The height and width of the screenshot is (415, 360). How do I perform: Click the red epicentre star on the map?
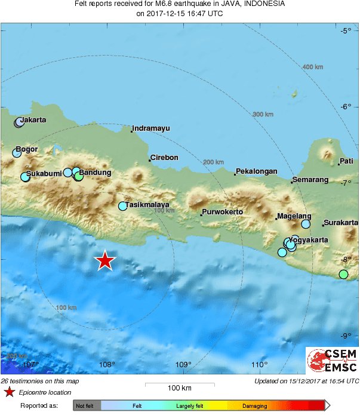pyautogui.click(x=106, y=260)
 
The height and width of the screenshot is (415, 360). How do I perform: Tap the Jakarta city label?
pyautogui.click(x=32, y=120)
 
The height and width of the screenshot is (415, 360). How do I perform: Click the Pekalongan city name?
pyautogui.click(x=257, y=171)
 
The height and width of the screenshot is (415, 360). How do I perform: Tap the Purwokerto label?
pyautogui.click(x=223, y=212)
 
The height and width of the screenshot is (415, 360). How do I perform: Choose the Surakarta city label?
pyautogui.click(x=341, y=223)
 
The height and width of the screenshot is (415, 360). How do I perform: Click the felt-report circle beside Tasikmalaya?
pyautogui.click(x=123, y=206)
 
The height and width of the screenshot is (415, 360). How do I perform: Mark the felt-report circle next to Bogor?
pyautogui.click(x=17, y=153)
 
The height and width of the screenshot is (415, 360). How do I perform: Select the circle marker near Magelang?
pyautogui.click(x=306, y=224)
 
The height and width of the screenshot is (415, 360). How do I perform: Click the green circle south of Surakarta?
pyautogui.click(x=343, y=274)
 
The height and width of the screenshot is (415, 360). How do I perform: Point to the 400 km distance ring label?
pyautogui.click(x=313, y=67)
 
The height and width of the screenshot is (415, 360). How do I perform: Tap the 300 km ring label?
pyautogui.click(x=263, y=115)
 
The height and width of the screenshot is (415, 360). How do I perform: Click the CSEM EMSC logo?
pyautogui.click(x=332, y=361)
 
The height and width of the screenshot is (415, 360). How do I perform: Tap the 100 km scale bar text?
pyautogui.click(x=179, y=388)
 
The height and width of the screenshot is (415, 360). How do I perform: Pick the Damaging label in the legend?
pyautogui.click(x=255, y=406)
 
